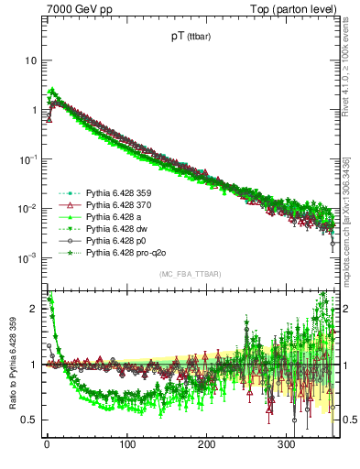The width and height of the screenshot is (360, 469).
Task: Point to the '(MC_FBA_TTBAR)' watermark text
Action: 190,274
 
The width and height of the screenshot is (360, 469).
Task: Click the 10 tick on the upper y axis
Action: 30,60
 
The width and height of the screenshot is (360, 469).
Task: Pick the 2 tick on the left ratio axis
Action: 33,309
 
